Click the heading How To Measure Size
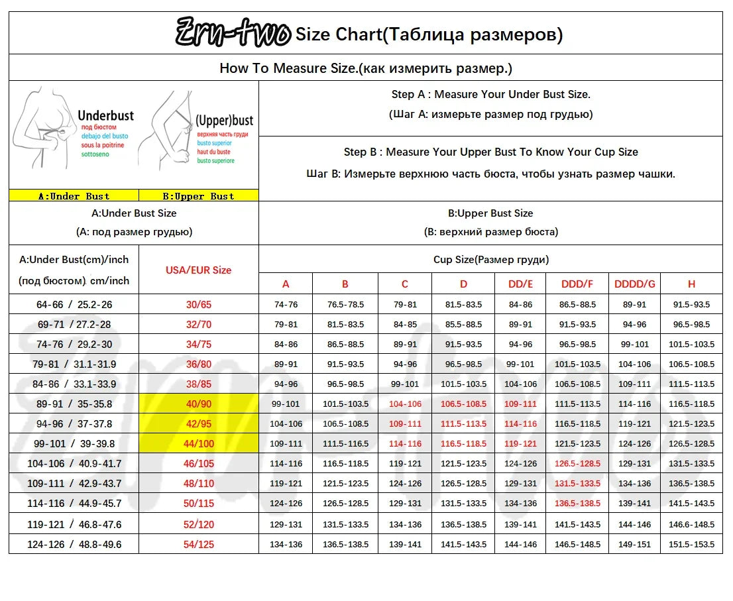(365, 68)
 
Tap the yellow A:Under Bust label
(74, 196)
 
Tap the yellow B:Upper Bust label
(198, 196)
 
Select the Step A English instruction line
(490, 95)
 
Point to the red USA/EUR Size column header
(198, 270)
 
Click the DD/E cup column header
(520, 284)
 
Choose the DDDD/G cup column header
(634, 284)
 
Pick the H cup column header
(691, 284)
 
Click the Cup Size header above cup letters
(490, 260)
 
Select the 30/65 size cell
(198, 305)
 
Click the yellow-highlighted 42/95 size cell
(198, 424)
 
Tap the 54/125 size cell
(198, 545)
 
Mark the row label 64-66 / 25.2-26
(74, 305)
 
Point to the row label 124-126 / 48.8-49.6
(74, 545)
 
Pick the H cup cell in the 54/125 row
(691, 545)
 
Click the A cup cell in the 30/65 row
(286, 305)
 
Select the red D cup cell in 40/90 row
(463, 404)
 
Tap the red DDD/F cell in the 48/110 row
(577, 484)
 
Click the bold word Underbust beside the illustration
(105, 116)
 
